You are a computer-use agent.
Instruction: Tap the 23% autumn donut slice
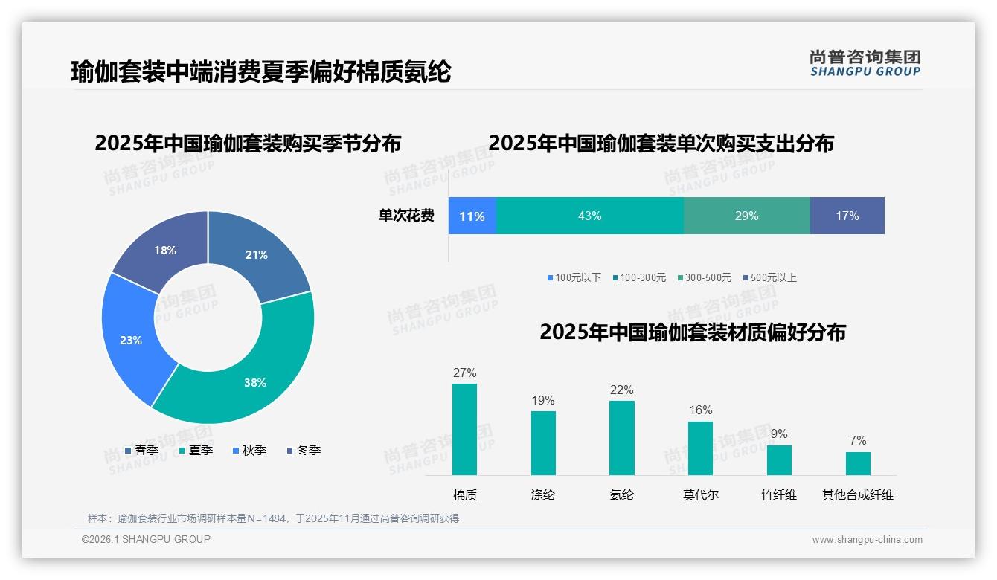(x=129, y=338)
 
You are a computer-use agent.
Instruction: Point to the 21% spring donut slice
(x=257, y=253)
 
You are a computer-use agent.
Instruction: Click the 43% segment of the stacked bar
(x=589, y=216)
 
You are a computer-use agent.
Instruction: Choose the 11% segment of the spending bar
(x=472, y=216)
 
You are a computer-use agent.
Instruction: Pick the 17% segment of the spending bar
(x=847, y=216)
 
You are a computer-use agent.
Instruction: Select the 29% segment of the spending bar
(x=746, y=216)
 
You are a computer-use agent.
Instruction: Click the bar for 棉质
(x=464, y=429)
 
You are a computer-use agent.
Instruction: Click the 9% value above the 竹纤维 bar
(x=779, y=434)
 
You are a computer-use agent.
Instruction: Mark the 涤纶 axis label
(x=543, y=494)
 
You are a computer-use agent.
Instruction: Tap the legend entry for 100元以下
(x=574, y=277)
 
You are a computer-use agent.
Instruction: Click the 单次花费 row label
(x=406, y=216)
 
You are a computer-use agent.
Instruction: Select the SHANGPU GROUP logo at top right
(x=865, y=62)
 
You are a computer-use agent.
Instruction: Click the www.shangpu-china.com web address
(x=867, y=539)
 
